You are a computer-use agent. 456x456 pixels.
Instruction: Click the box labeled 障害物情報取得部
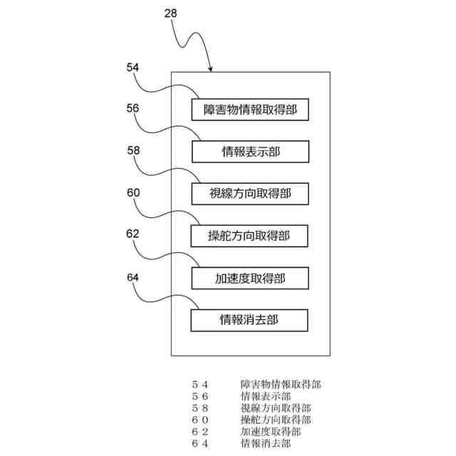point(249,110)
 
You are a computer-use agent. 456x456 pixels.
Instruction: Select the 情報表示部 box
point(249,151)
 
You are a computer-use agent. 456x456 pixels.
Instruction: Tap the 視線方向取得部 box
point(249,193)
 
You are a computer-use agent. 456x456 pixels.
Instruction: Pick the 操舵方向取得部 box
point(249,235)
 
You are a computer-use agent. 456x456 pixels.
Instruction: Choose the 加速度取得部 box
point(249,277)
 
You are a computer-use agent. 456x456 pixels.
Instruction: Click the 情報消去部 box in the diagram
point(249,319)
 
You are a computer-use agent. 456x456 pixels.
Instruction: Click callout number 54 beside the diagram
point(133,68)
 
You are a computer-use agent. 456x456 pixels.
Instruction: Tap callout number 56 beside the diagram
point(133,109)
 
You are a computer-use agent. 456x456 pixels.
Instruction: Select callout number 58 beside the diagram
point(133,151)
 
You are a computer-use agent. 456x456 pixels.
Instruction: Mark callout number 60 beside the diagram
point(133,192)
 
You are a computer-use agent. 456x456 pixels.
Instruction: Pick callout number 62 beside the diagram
point(133,234)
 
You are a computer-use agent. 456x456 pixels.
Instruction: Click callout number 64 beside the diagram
point(133,276)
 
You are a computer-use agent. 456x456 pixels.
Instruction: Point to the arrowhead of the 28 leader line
point(210,70)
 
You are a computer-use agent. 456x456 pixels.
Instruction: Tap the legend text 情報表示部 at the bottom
point(266,397)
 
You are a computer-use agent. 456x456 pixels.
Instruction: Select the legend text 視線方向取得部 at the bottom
point(276,408)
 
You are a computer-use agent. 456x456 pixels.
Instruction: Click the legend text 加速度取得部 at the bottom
point(271,432)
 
